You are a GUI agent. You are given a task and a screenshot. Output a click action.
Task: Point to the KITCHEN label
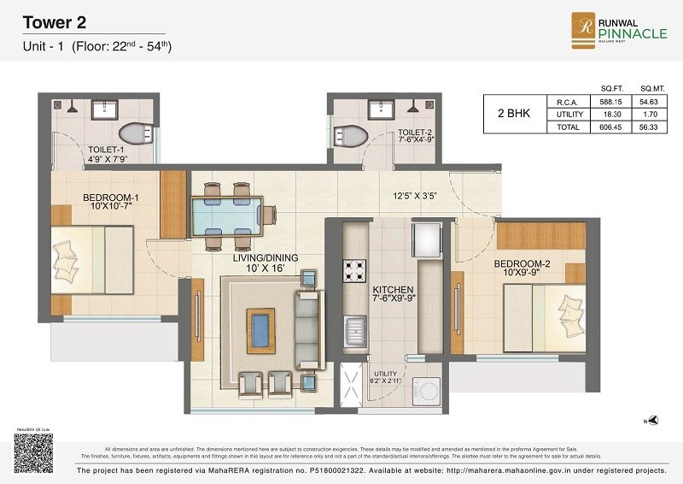click(x=393, y=290)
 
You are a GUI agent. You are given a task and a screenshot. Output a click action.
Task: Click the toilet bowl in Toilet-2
click(x=349, y=135)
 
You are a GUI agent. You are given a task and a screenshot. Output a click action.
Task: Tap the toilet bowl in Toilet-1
click(x=134, y=133)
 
